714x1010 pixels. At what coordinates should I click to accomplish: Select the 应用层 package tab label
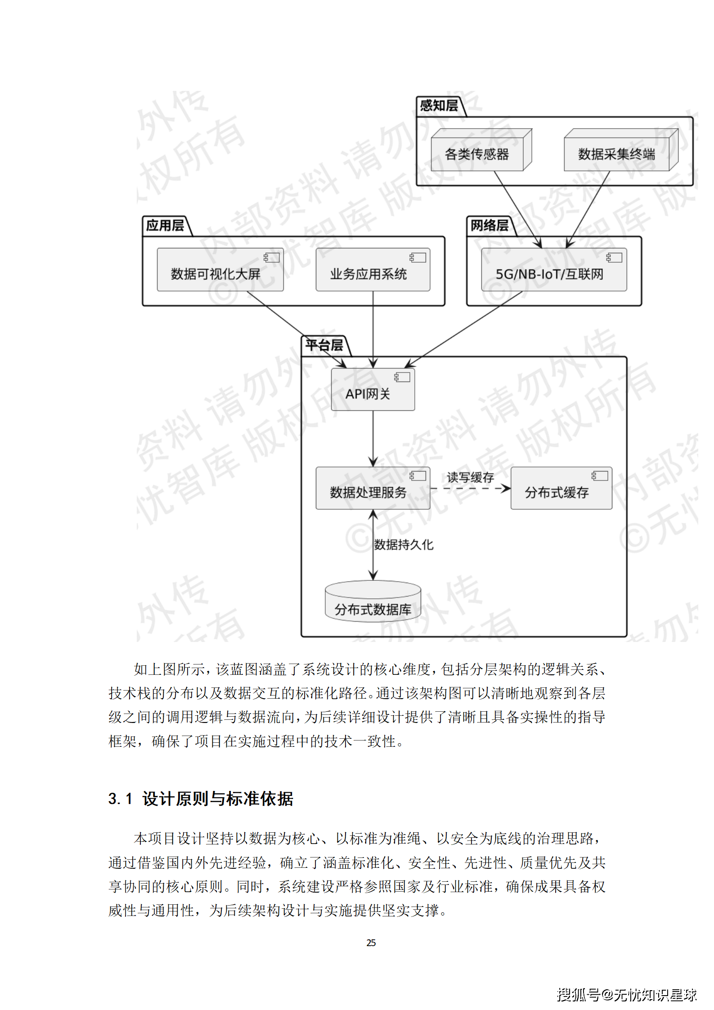click(x=165, y=225)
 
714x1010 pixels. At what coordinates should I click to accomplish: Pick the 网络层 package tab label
click(x=489, y=225)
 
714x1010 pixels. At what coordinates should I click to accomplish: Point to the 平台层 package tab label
click(x=324, y=346)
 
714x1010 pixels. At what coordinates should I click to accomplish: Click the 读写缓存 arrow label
click(x=470, y=477)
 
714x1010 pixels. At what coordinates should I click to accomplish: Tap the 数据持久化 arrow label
click(x=404, y=545)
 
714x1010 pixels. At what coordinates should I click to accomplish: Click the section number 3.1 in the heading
click(x=120, y=799)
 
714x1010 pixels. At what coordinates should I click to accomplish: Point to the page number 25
click(x=371, y=943)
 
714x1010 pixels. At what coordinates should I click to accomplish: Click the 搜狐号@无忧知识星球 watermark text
click(x=627, y=994)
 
